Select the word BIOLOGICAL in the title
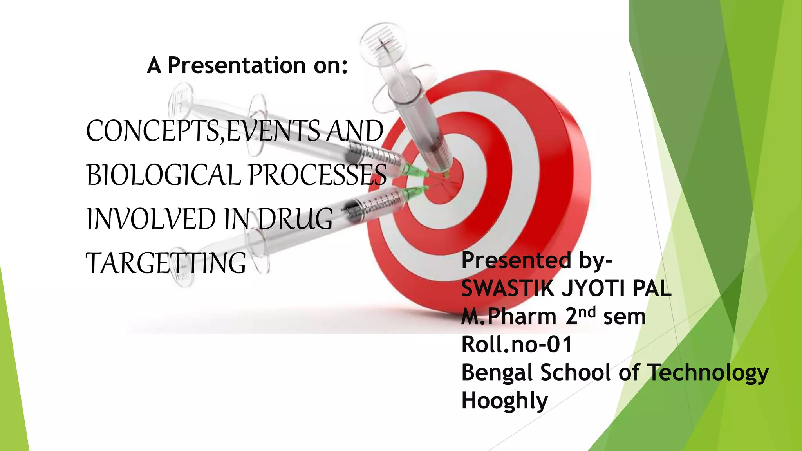click(163, 175)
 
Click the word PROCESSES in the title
click(318, 175)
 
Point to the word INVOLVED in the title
click(151, 219)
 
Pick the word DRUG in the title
click(295, 219)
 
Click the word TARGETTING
click(166, 263)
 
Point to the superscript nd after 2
click(587, 312)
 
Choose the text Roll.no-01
click(517, 345)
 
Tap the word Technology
click(708, 373)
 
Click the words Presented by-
click(536, 261)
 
